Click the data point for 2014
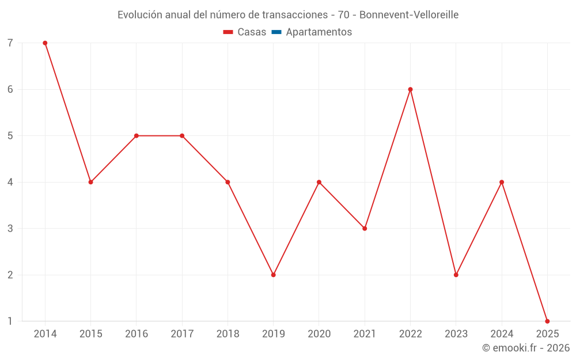point(45,43)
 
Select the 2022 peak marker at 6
point(410,89)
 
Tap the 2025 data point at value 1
point(547,321)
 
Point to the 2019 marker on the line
point(274,275)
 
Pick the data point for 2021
point(365,228)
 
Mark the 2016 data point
point(137,136)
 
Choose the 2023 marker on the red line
point(456,275)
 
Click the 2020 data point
point(319,182)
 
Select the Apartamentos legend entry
point(319,32)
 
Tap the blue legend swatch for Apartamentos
point(276,32)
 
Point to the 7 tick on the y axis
point(10,43)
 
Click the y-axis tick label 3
point(10,229)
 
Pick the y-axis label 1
point(10,321)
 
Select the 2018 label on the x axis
point(228,334)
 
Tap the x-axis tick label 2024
point(502,334)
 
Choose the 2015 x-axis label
point(91,334)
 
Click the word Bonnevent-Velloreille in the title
point(409,15)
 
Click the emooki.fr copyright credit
point(526,348)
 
